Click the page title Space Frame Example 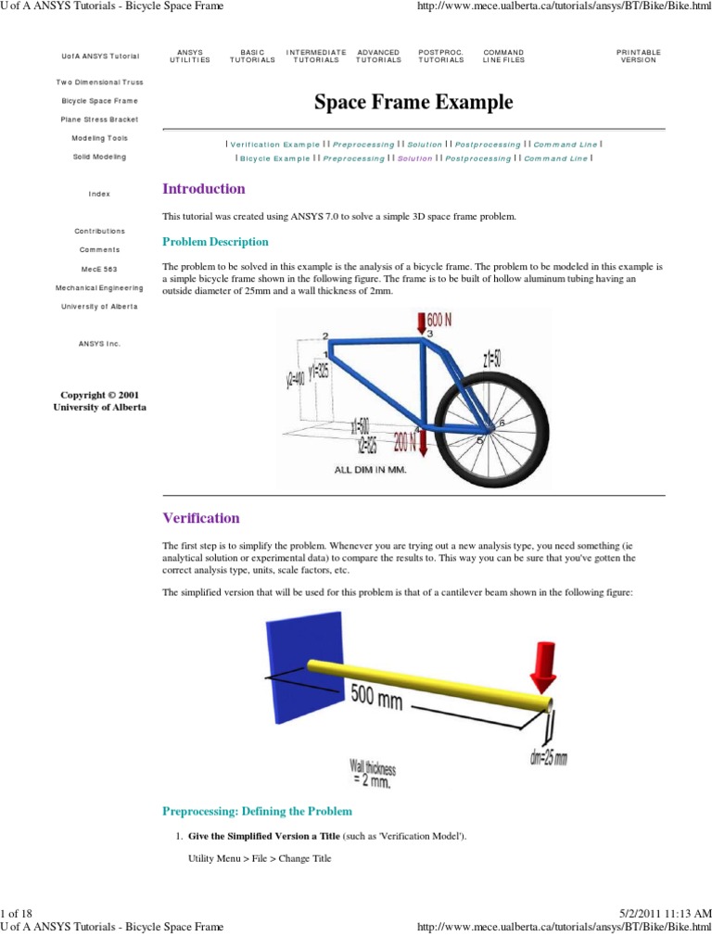(x=413, y=102)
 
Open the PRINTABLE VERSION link (x=639, y=57)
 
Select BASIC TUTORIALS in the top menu (x=252, y=57)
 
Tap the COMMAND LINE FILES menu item (x=503, y=57)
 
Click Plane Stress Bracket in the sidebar (x=99, y=120)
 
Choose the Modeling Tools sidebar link (x=99, y=138)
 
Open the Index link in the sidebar (x=99, y=194)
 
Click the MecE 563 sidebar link (x=99, y=268)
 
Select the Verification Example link (x=274, y=145)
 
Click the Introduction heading (x=204, y=189)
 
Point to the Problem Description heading (x=215, y=242)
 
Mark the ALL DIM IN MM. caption (x=370, y=469)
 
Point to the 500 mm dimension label (x=376, y=696)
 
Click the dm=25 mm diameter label (x=548, y=757)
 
